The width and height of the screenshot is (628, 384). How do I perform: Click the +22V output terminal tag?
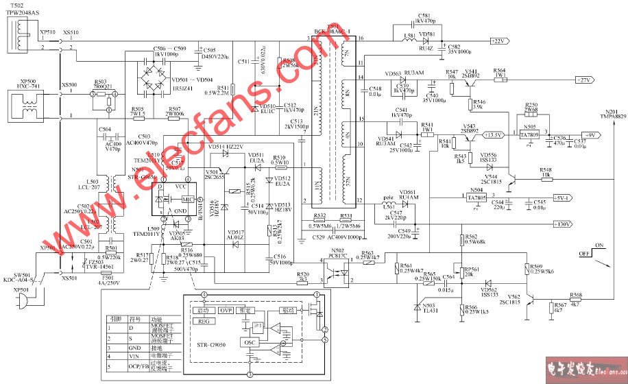pos(497,41)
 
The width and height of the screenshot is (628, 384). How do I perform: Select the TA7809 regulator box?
pos(530,135)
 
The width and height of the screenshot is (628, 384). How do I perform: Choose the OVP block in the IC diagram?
pos(226,310)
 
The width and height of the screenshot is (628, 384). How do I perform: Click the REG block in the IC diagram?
pos(203,320)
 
